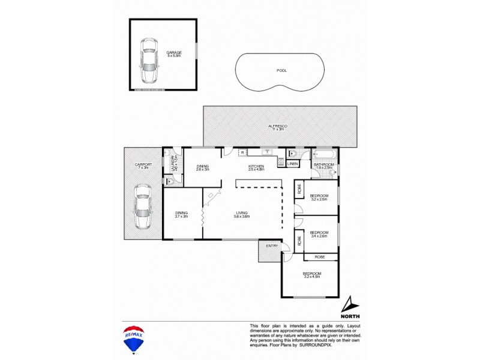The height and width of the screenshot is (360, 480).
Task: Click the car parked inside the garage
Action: (x=148, y=62)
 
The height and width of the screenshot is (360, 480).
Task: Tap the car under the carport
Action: (x=142, y=207)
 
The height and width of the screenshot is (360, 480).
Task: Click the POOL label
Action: (x=281, y=70)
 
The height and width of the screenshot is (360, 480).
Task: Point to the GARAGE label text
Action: (x=174, y=53)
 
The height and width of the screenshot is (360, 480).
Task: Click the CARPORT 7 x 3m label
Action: (x=143, y=166)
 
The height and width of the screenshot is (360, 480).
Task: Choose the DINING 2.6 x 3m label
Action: (x=202, y=168)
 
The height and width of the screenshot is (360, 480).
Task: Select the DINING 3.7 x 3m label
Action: (x=181, y=214)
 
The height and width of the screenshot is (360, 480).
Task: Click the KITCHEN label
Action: (x=256, y=168)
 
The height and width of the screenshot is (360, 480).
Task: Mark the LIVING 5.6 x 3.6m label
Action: (x=242, y=214)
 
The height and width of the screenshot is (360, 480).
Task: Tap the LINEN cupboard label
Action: (x=293, y=164)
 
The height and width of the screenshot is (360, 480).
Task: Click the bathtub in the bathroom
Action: (x=325, y=154)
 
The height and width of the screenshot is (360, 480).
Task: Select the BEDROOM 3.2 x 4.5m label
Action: (x=312, y=275)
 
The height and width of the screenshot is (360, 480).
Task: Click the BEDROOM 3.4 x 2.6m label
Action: (x=319, y=235)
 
